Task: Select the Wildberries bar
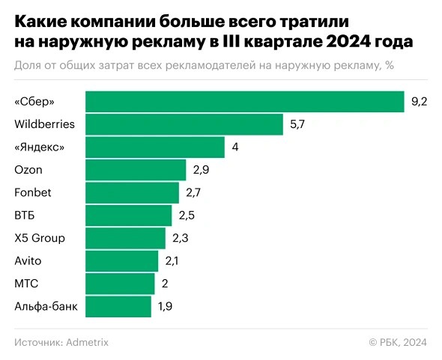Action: coord(184,124)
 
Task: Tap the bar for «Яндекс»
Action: coord(155,147)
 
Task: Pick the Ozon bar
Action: coord(136,170)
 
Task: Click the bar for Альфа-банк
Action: coord(118,306)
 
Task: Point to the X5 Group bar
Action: coord(125,238)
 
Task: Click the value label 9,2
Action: coord(419,102)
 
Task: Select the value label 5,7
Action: coord(297,124)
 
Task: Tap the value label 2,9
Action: coord(201,170)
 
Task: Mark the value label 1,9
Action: coord(166,306)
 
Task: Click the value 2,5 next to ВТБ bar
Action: coord(186,216)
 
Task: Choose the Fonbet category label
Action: coord(32,192)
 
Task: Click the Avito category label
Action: coord(28,260)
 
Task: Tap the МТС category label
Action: coord(26,284)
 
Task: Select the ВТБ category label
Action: coord(25,216)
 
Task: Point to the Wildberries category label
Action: coord(44,124)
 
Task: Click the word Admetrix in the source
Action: coord(87,342)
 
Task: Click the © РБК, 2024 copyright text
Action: coord(397,342)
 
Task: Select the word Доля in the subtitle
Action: coord(28,65)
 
